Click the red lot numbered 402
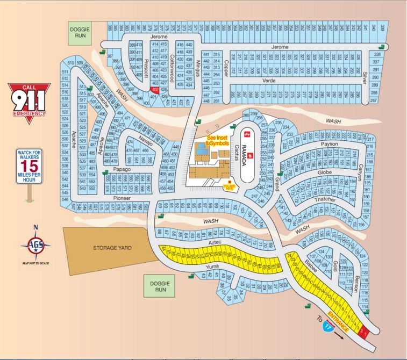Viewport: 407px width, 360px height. coord(155,90)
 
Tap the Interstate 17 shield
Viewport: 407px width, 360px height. coord(327,325)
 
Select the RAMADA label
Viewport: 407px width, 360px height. coord(243,154)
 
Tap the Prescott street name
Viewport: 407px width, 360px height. coord(146,68)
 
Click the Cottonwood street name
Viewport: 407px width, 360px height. coord(173,64)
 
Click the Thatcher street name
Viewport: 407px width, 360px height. coord(325,199)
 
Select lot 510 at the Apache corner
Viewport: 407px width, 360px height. coord(70,63)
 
